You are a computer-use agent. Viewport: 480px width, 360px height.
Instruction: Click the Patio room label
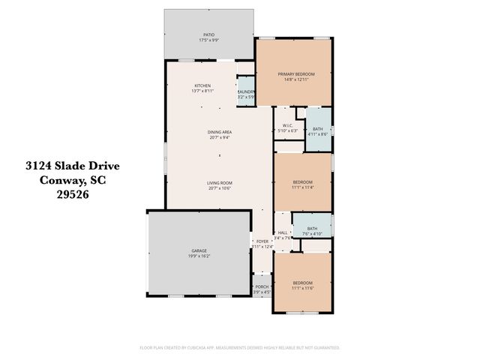pos(209,34)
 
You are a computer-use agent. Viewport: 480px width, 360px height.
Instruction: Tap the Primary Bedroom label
pos(295,74)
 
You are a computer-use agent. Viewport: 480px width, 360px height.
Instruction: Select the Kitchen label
pos(202,85)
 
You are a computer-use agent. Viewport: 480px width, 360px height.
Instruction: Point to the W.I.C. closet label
pos(287,126)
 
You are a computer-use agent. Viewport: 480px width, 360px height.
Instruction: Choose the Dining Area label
pos(220,132)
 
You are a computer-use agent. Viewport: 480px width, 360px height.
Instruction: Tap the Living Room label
pos(220,183)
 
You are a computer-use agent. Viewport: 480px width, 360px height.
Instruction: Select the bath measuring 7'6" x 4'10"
pos(312,230)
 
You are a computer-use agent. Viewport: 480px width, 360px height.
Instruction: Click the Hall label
pos(283,233)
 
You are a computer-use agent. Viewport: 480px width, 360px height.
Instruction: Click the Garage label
pos(199,250)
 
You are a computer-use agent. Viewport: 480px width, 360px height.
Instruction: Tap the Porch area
pos(262,288)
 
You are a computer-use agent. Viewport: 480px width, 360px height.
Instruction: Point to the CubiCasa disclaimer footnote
pos(240,347)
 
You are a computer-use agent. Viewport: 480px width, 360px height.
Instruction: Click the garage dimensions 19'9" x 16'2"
pos(199,256)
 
